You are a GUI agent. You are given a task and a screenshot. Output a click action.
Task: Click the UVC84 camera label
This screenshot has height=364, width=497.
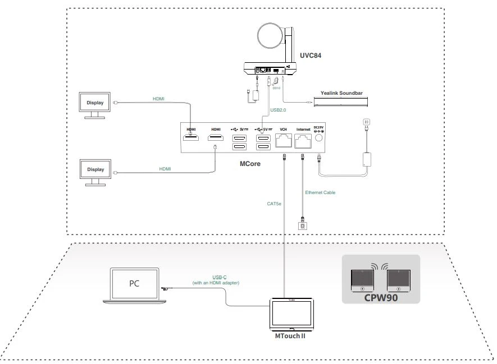(310, 56)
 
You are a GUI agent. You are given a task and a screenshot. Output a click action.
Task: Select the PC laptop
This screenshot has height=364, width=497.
(133, 285)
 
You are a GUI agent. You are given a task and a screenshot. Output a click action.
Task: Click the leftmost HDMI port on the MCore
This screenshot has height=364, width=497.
(192, 138)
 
